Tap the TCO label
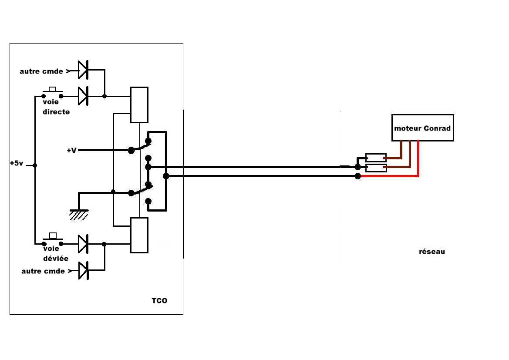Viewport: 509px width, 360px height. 159,301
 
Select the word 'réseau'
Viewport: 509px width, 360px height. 432,252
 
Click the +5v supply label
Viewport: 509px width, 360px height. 17,163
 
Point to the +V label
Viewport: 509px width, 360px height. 71,150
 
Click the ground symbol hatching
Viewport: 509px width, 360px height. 78,215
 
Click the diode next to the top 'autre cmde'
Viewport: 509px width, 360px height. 83,70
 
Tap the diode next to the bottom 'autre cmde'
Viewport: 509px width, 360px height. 84,270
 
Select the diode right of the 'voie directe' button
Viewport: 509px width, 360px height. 83,96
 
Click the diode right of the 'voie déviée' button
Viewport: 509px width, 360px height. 83,244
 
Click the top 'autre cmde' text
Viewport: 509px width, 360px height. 41,71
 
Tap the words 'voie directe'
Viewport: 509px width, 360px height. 56,107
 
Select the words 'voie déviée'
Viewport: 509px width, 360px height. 55,253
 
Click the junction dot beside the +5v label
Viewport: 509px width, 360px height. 35,165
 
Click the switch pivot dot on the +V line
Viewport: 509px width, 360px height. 131,150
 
